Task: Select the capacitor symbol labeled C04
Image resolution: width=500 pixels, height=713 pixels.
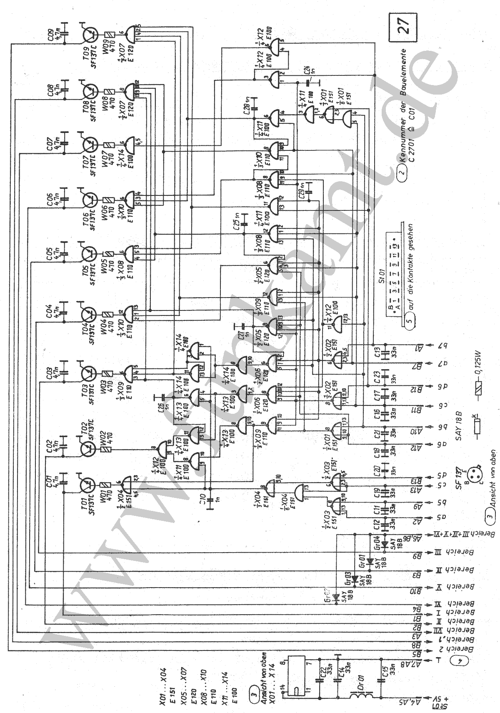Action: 64,308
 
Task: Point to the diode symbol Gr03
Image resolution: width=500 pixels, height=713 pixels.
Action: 355,579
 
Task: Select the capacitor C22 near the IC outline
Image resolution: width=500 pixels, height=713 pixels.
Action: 320,680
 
